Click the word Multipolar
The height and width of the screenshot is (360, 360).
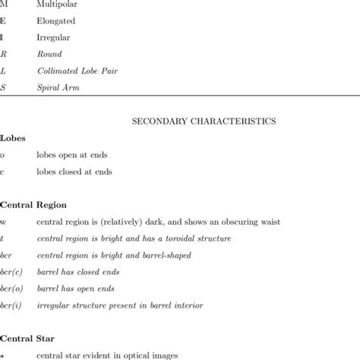tap(58, 5)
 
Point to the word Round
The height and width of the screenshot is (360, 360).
tap(49, 55)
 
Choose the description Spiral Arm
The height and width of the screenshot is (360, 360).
tap(57, 88)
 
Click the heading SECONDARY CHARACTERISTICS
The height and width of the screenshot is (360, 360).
tap(204, 120)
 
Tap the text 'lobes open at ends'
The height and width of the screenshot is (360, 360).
tap(74, 155)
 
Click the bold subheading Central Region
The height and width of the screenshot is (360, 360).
tap(33, 205)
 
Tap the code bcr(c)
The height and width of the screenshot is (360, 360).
tap(11, 272)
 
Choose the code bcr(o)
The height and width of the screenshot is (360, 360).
tap(11, 289)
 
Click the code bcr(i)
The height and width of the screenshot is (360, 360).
tap(11, 305)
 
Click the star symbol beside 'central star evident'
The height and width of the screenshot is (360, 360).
tap(3, 355)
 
